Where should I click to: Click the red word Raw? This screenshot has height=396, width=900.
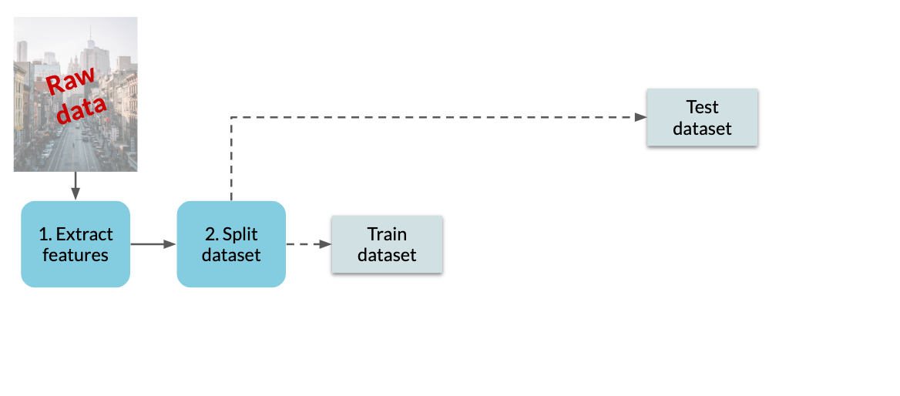coord(70,82)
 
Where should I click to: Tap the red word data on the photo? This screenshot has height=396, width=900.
coord(82,109)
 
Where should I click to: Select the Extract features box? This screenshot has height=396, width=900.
coord(76,244)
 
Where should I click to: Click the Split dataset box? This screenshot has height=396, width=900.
coord(231,244)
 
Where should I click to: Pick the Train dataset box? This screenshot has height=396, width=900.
coord(387,244)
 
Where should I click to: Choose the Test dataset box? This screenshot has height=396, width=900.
coord(702,117)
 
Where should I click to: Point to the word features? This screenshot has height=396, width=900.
coord(76,254)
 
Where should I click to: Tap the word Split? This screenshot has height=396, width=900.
coord(240,235)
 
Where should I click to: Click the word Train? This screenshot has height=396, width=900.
coord(387,234)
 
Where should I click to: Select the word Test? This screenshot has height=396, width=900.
coord(702,107)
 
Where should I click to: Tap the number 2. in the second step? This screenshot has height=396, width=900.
coord(212,234)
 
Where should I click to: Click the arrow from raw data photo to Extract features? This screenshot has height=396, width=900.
coord(76,186)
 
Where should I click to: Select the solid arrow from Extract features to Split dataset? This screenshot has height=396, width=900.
coord(153,244)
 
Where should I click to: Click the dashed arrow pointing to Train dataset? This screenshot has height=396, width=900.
coord(309,244)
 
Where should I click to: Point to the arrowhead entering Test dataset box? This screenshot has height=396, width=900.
coord(640,117)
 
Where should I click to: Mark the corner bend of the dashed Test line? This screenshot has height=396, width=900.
coord(231,117)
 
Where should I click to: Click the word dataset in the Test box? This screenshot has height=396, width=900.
coord(702,128)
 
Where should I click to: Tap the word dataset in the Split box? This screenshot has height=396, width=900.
coord(231,254)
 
